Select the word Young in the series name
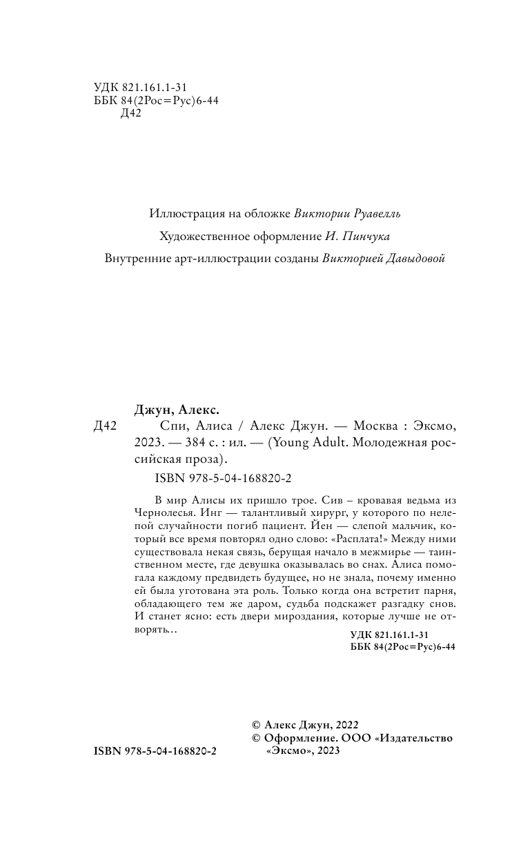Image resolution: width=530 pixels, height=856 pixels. coord(293,442)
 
